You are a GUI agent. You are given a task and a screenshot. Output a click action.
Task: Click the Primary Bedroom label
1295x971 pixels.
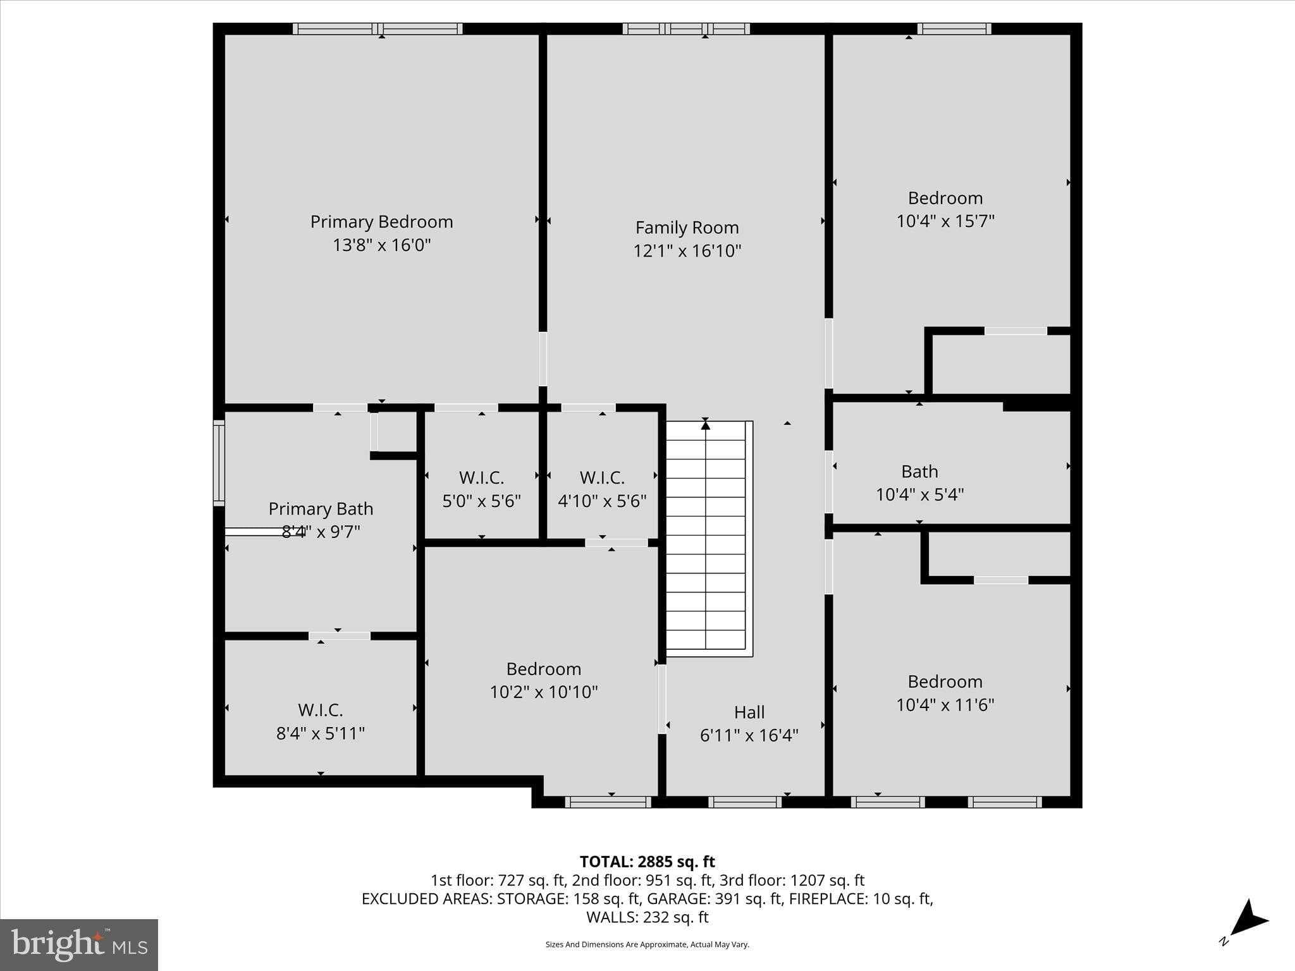pos(381,222)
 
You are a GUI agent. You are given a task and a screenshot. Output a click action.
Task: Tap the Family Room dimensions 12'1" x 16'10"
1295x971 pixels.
pos(687,251)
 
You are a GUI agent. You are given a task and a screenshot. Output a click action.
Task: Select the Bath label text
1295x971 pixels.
pos(919,472)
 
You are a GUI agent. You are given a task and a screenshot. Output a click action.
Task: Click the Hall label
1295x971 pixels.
pos(749,712)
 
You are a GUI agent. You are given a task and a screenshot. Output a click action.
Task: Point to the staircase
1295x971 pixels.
pos(706,537)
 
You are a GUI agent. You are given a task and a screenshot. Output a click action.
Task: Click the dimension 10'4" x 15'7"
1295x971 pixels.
pos(945,221)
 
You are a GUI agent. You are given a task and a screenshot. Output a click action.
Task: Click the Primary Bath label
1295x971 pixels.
pos(321,509)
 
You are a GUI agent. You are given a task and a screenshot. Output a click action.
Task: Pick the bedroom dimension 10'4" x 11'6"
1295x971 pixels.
pos(945,705)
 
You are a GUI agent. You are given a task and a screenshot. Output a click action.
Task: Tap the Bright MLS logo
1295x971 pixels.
pos(79,945)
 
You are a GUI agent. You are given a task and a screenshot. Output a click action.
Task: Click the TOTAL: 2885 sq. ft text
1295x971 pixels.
pos(647,862)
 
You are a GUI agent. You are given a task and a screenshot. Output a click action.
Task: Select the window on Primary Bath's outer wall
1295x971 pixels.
pos(219,463)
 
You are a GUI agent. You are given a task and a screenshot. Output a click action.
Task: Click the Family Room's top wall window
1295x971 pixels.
pos(686,28)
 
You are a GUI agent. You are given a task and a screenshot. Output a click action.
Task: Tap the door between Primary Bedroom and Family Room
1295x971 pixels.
pos(543,359)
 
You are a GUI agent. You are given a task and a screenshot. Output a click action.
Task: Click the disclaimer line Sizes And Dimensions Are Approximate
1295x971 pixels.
pos(647,944)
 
